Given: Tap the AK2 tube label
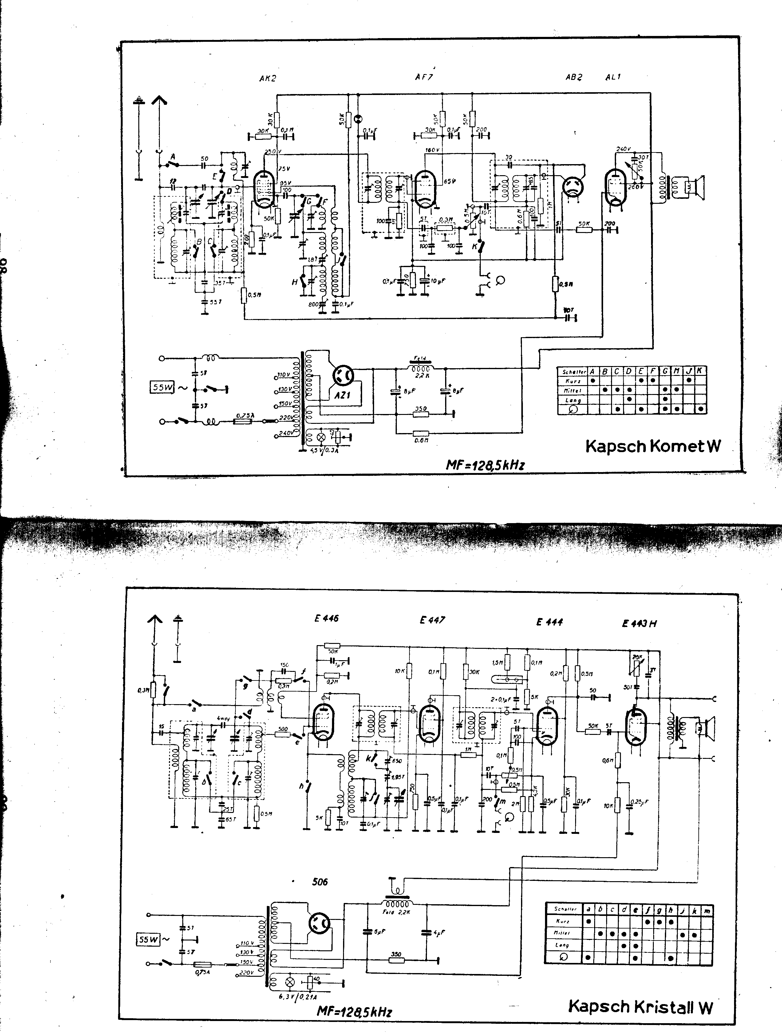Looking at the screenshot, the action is click(x=268, y=78).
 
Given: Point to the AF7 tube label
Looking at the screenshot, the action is click(x=424, y=77).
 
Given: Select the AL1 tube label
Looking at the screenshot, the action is click(x=613, y=77).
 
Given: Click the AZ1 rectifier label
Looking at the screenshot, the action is click(x=342, y=395).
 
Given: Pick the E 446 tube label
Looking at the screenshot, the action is click(x=326, y=618).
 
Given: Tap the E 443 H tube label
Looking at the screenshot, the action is click(x=639, y=623).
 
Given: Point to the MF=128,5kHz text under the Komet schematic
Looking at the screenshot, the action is click(x=485, y=465).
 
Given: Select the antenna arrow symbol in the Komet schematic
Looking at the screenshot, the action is click(x=159, y=101).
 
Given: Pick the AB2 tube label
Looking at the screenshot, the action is click(x=574, y=77).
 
